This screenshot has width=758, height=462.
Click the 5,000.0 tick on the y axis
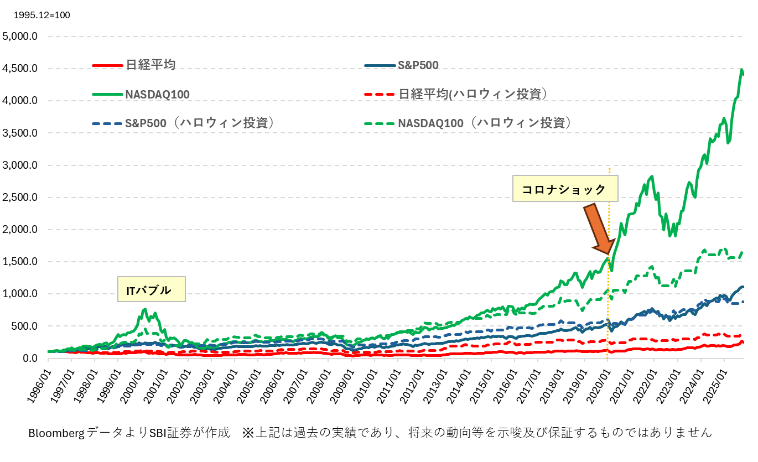click(20, 37)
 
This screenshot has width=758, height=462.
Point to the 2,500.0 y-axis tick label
click(20, 198)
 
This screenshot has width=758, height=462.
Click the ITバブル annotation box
click(151, 289)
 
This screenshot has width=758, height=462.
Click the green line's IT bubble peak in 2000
click(145, 309)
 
